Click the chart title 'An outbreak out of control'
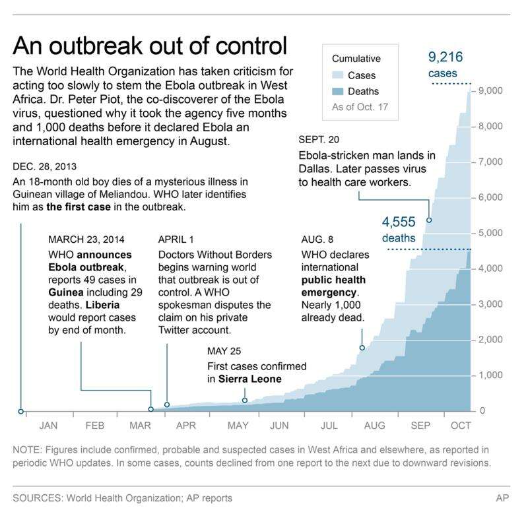tap(150, 47)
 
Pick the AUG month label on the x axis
tap(374, 426)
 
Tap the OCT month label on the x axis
tap(461, 426)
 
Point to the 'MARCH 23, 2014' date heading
tap(86, 239)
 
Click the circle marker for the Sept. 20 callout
tap(430, 220)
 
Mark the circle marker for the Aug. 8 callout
tap(362, 348)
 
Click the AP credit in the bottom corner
tap(502, 498)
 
